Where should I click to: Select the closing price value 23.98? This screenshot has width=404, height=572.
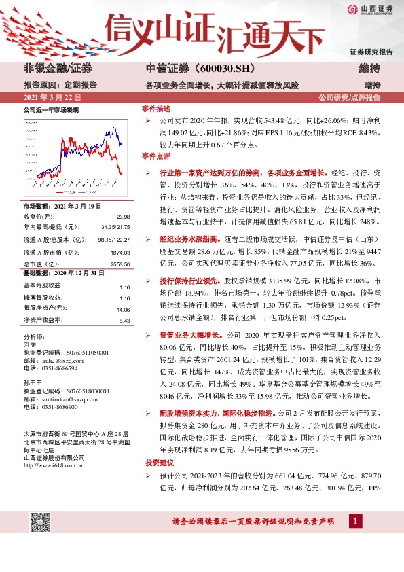tap(122, 217)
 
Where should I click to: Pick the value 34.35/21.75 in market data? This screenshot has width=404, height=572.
tap(115, 227)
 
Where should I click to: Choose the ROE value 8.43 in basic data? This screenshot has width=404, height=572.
tap(124, 320)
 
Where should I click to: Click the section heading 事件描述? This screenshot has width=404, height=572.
tap(156, 109)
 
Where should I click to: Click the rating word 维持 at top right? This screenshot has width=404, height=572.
tap(370, 69)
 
